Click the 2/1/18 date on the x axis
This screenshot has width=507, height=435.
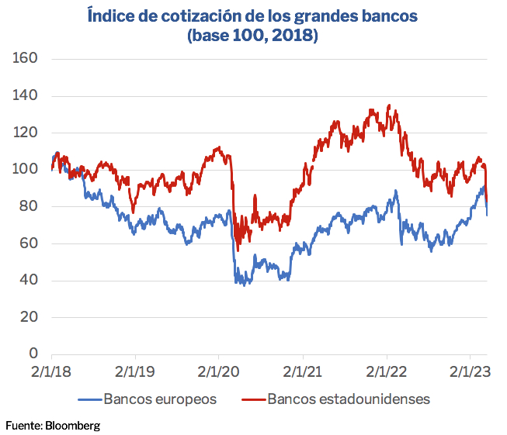51,372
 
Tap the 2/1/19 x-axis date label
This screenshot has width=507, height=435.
136,372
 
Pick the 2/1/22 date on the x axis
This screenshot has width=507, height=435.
388,372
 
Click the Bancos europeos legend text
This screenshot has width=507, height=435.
161,399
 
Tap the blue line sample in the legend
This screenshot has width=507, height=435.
89,399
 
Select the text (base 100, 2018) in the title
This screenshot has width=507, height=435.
253,36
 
